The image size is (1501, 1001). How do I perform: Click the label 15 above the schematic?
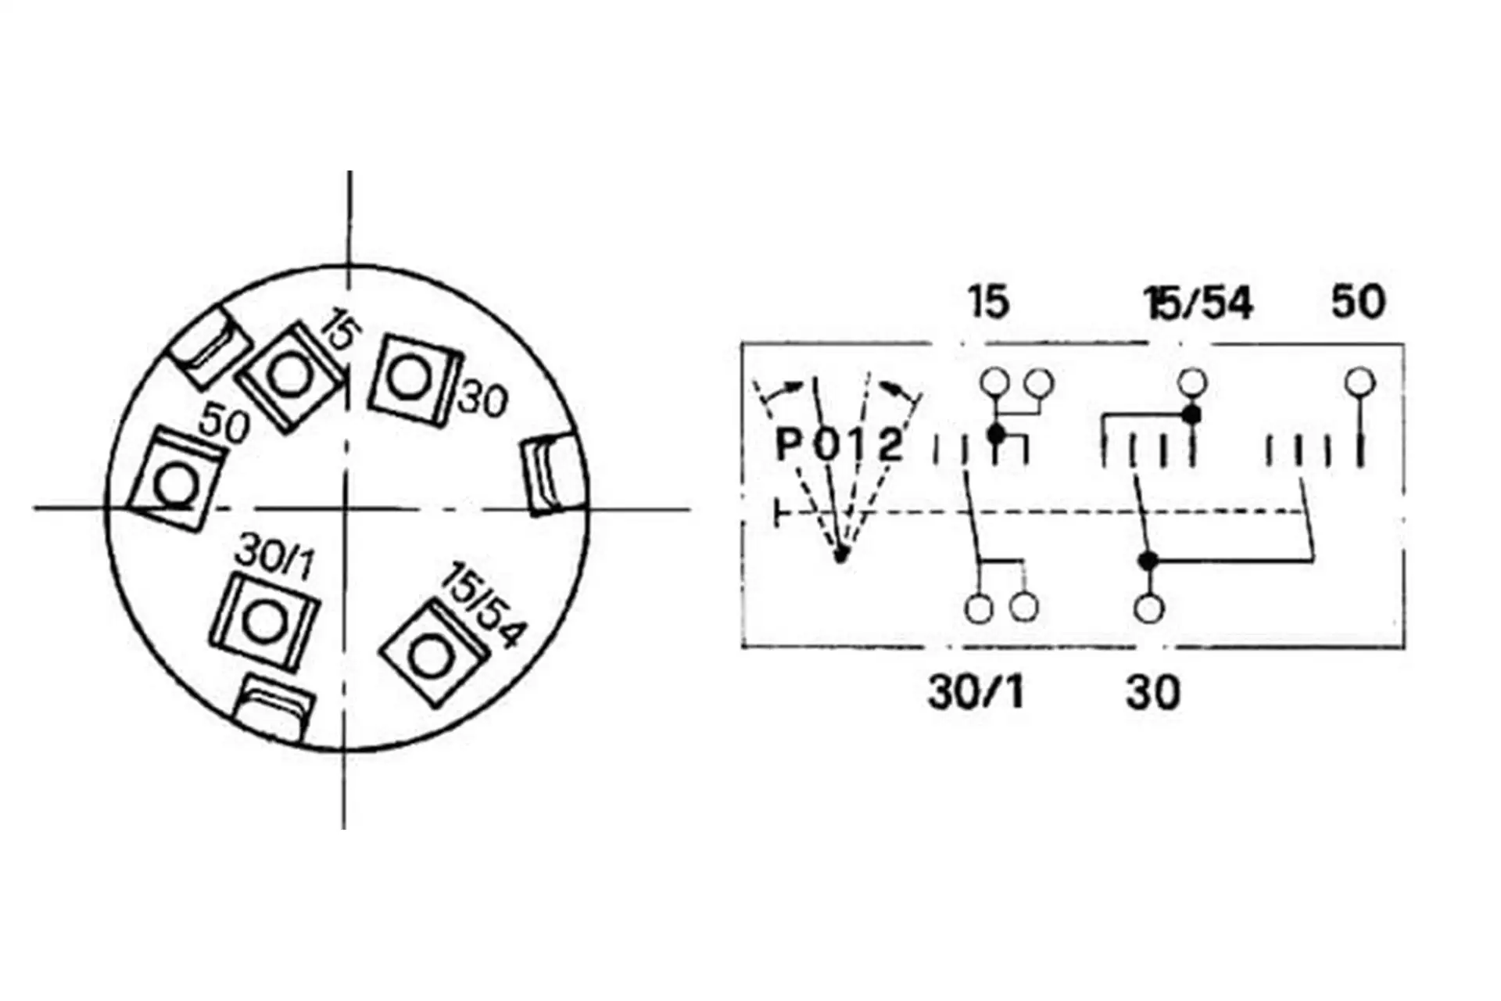coord(988,302)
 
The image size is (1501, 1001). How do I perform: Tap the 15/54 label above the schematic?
coord(1198,303)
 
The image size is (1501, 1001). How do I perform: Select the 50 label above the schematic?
coord(1358,302)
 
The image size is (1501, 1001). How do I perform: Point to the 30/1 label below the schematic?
coord(976,692)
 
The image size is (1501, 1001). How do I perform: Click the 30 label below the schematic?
coord(1153,692)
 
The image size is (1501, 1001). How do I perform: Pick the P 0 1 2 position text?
coord(839,446)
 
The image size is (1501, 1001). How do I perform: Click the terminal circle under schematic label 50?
coord(1360,382)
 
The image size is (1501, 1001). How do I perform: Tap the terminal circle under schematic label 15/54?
coord(1192,382)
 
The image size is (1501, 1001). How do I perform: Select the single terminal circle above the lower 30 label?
coord(1148,608)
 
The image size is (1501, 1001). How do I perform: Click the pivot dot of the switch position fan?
coord(840,554)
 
